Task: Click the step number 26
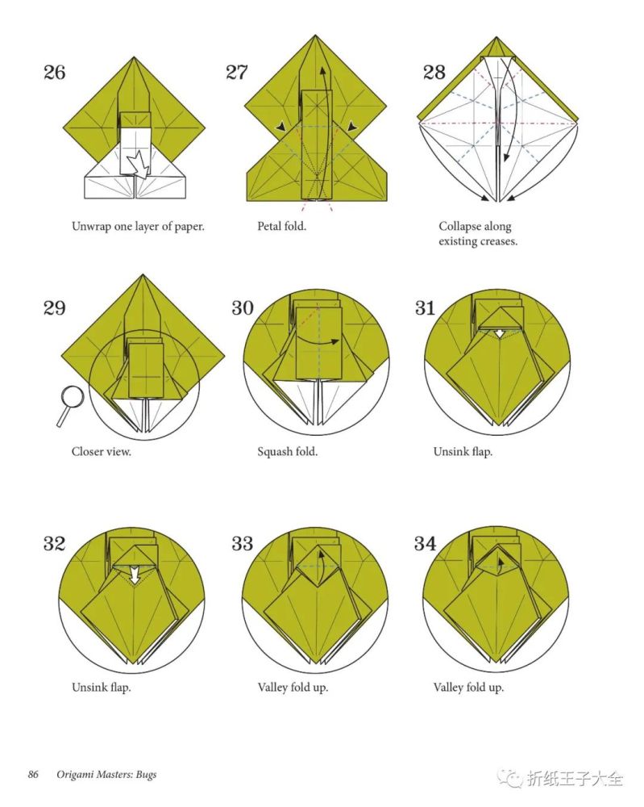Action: tap(55, 73)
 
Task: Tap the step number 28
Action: tap(434, 73)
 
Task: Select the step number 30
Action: tap(243, 308)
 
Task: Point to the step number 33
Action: tap(242, 543)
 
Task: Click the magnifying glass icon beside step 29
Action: tap(69, 405)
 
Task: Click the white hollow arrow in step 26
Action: tap(138, 165)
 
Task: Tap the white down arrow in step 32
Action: tap(135, 575)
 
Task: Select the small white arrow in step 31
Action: tap(499, 334)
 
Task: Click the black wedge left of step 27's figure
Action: tap(280, 127)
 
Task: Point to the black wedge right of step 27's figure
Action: tap(352, 126)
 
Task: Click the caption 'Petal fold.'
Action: tap(281, 226)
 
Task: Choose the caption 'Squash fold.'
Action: tap(287, 452)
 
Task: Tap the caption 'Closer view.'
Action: tap(102, 452)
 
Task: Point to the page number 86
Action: tap(33, 775)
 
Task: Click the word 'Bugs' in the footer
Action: tap(146, 775)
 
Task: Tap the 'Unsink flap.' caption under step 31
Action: tap(463, 452)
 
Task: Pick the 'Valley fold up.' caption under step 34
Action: tap(468, 687)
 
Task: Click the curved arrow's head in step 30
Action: tap(334, 341)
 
